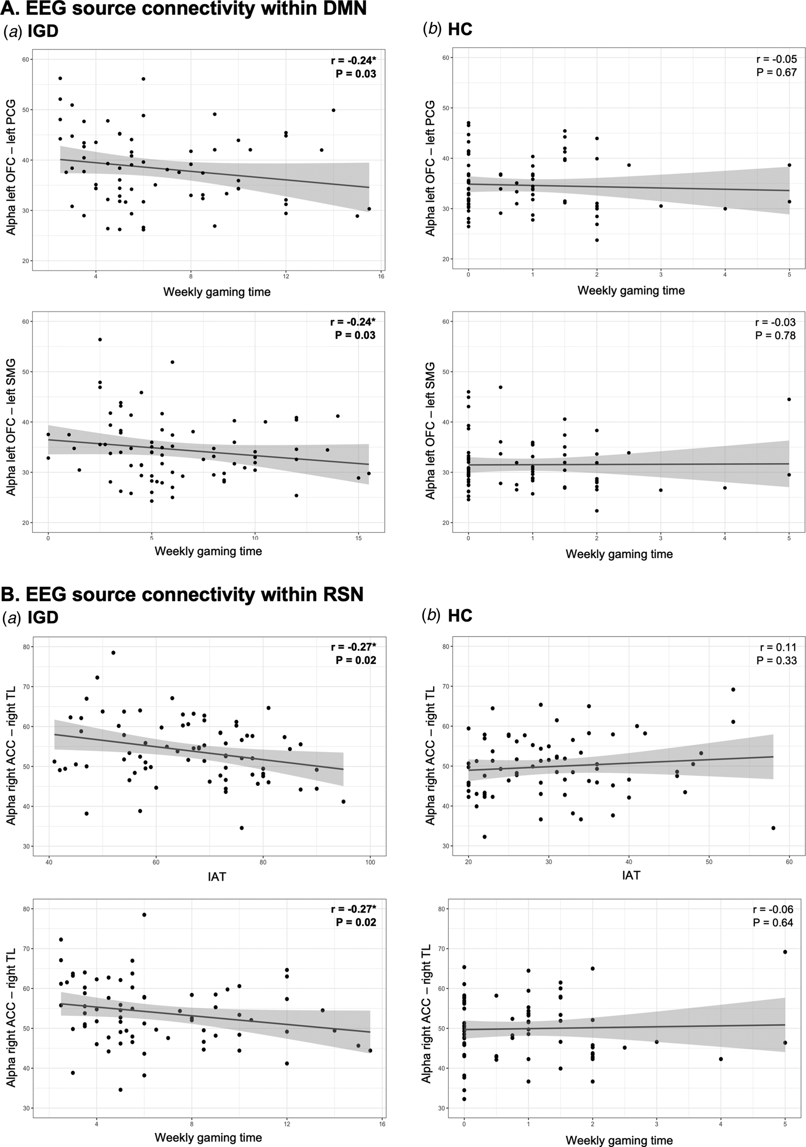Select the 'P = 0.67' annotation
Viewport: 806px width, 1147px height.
[x=776, y=73]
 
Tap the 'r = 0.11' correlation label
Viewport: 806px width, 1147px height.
[x=778, y=647]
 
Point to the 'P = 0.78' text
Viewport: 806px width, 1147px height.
[x=775, y=336]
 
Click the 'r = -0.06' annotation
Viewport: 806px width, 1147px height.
[x=773, y=909]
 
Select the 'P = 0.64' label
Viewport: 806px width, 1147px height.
[x=772, y=923]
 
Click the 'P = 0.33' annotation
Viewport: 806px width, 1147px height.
[x=776, y=661]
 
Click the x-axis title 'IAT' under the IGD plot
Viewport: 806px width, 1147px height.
[x=216, y=877]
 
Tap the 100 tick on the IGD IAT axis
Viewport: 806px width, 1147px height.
[x=370, y=862]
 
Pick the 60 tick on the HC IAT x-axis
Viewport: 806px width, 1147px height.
[x=789, y=862]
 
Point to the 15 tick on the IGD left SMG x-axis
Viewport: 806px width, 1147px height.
[x=358, y=538]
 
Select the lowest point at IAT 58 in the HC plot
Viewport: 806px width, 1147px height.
[x=773, y=828]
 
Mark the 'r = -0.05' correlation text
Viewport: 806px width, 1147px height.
[x=777, y=59]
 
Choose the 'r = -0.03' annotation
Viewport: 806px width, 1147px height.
[x=775, y=322]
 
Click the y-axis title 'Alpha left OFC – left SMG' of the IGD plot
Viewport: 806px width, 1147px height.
[x=11, y=427]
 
